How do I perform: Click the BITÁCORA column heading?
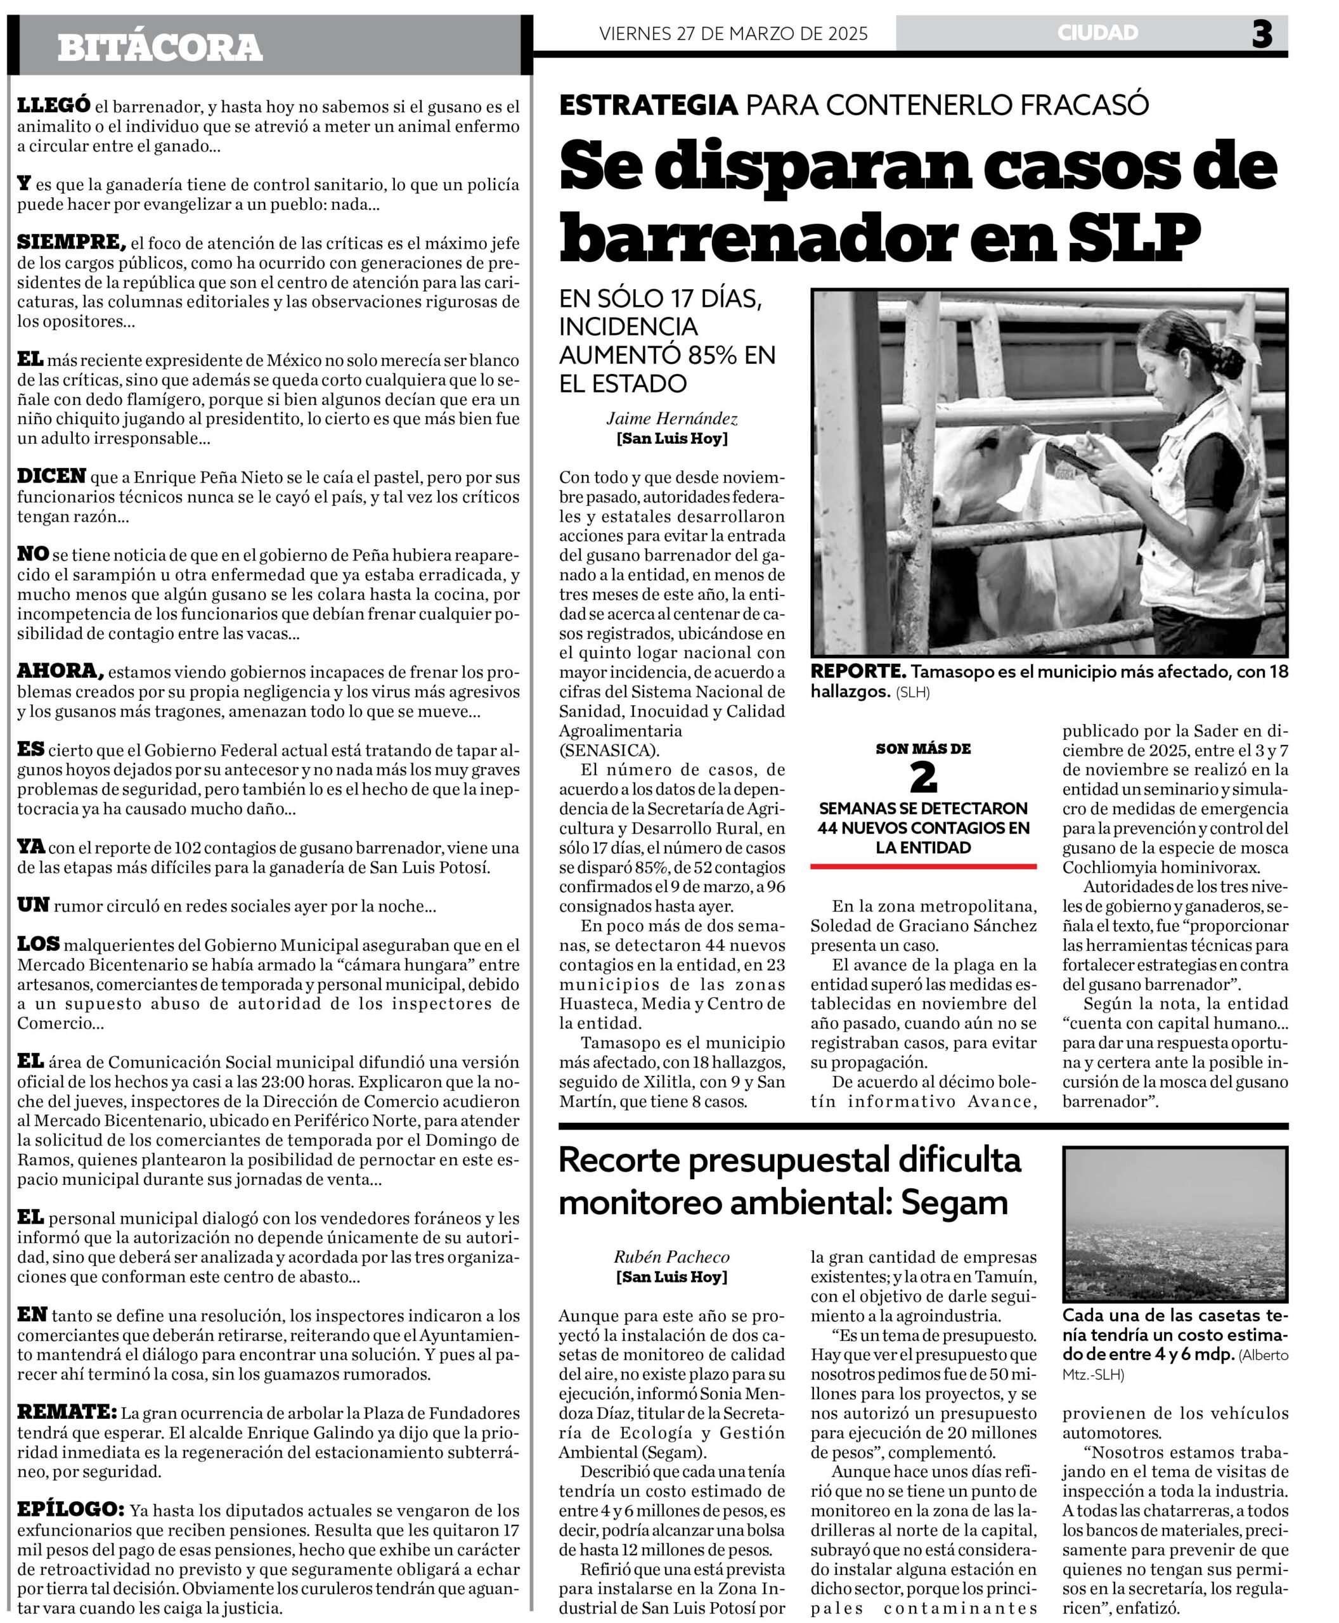click(160, 48)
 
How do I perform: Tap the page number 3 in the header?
click(1261, 35)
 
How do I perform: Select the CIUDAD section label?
click(1097, 33)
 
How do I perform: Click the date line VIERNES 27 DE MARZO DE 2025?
click(733, 33)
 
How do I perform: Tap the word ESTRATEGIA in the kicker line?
click(649, 105)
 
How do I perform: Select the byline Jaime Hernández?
click(672, 419)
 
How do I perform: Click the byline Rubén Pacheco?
click(672, 1257)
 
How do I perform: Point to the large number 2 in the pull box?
click(923, 779)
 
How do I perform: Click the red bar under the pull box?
click(923, 866)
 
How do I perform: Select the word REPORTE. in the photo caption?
click(858, 672)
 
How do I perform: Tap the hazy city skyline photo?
click(1175, 1224)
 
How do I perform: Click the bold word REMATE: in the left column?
click(67, 1413)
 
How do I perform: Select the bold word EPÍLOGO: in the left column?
click(70, 1509)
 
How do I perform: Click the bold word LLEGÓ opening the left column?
click(54, 106)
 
